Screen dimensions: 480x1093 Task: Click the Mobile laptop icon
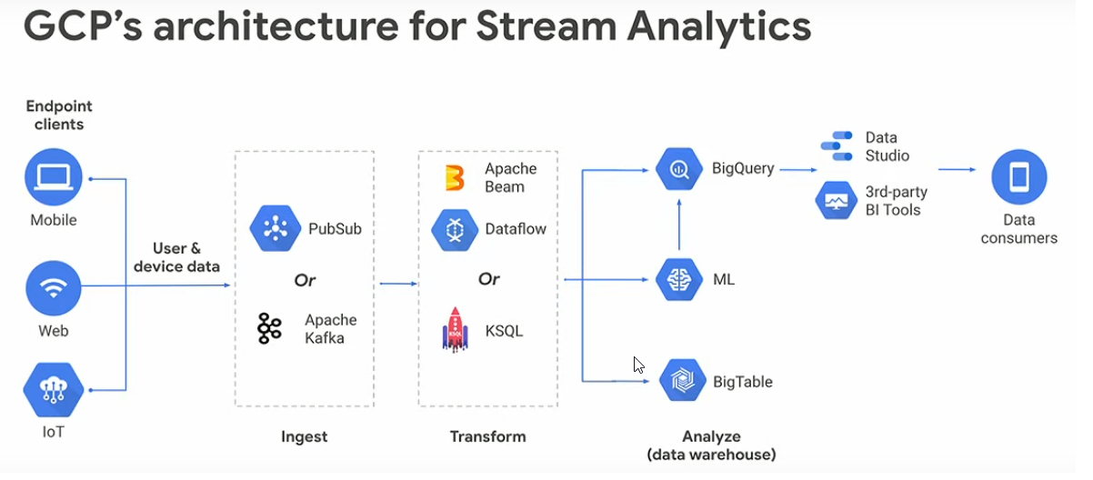[x=54, y=178]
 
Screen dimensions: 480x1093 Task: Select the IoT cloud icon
[x=54, y=390]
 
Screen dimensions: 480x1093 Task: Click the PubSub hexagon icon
[x=275, y=228]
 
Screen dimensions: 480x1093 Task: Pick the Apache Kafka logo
[x=269, y=329]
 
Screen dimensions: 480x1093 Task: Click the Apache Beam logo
[x=455, y=178]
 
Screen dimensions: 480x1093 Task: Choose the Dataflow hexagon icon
[x=455, y=229]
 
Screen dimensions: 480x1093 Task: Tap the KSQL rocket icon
[x=455, y=330]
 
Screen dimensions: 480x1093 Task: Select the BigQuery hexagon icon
[x=679, y=169]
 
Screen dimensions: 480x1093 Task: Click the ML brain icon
[x=679, y=280]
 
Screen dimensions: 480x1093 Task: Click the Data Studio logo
[x=836, y=146]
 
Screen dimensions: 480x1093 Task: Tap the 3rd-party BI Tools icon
[x=836, y=200]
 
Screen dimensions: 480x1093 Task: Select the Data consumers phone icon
[x=1018, y=178]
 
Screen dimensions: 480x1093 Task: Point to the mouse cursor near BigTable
[x=638, y=365]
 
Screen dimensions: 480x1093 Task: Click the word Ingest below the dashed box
[x=304, y=436]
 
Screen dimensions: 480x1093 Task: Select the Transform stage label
[x=487, y=436]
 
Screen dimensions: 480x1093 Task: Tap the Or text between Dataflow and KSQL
[x=488, y=279]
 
